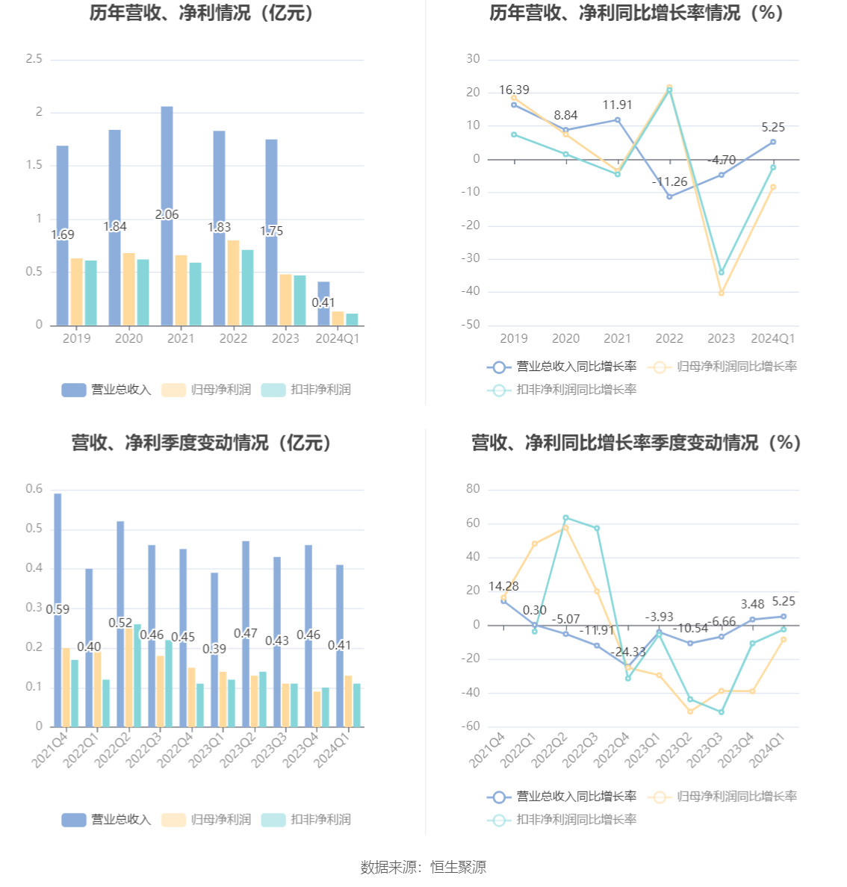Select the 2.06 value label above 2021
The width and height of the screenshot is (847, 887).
point(167,215)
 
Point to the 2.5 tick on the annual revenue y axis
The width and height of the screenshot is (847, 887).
point(34,59)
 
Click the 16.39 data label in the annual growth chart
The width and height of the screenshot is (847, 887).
point(514,90)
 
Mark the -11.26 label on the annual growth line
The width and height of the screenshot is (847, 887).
point(669,182)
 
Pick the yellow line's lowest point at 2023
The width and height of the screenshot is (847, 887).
point(721,293)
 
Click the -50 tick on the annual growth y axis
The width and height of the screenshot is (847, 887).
point(472,325)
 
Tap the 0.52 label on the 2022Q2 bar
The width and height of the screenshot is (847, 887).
point(120,623)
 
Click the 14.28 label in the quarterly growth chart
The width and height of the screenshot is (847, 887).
point(503,587)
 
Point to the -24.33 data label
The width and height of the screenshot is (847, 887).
point(627,653)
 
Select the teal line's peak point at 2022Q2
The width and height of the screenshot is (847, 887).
point(565,517)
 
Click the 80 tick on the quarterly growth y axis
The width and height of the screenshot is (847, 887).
point(473,489)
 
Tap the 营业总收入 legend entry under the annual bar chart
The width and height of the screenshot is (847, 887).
point(107,390)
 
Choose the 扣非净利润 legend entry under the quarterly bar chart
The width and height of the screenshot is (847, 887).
point(306,820)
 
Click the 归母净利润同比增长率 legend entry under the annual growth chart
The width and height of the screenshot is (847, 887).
point(724,367)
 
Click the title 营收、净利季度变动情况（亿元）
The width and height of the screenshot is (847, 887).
point(202,443)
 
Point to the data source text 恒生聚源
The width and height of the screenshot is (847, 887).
point(458,867)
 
